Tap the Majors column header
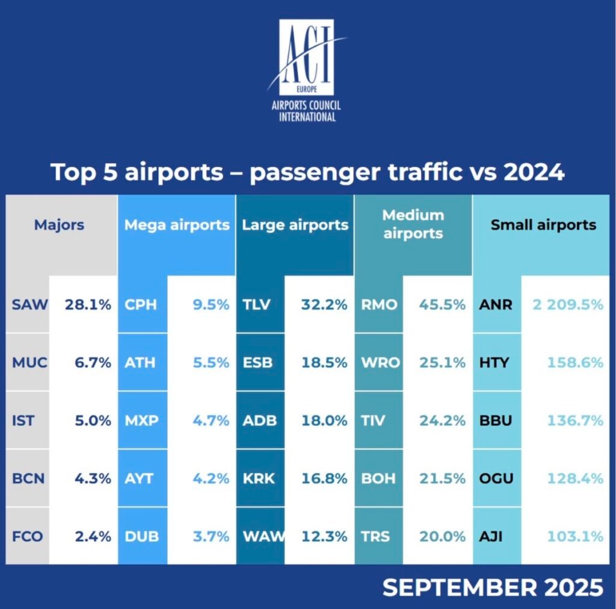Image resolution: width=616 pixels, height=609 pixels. tap(59, 225)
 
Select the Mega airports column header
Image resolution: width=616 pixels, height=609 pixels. tap(177, 225)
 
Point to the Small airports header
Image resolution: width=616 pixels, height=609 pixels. tap(543, 225)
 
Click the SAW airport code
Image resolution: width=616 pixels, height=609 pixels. tap(29, 304)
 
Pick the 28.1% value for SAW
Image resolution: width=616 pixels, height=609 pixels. tap(88, 304)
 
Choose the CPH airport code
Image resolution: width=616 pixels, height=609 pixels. tap(140, 304)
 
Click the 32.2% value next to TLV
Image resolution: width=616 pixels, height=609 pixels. tap(324, 304)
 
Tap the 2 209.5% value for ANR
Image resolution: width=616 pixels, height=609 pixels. tap(567, 304)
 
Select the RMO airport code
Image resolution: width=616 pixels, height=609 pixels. tap(379, 304)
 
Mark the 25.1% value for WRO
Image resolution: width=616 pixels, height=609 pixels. tap(442, 363)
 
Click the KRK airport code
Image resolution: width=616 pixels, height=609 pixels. tap(259, 479)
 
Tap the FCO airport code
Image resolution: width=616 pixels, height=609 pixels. tap(28, 537)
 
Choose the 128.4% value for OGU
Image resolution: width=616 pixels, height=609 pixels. tap(574, 479)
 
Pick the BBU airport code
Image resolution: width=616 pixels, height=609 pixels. tap(496, 421)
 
